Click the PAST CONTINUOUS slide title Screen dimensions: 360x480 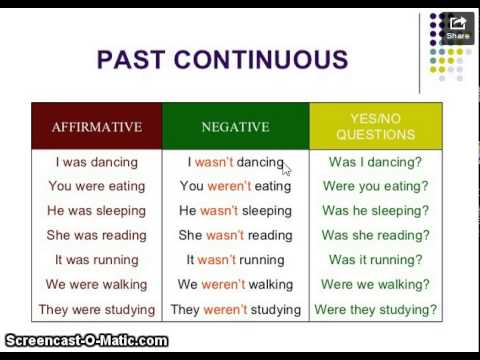(x=222, y=59)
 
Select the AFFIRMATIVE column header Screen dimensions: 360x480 (x=96, y=127)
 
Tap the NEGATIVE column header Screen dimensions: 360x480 (x=235, y=127)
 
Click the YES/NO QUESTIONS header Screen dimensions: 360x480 (x=375, y=126)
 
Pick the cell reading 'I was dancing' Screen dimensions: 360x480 (x=96, y=161)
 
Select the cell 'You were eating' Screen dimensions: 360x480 (x=96, y=186)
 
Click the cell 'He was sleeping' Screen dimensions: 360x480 (x=96, y=211)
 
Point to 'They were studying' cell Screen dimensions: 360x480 (x=96, y=310)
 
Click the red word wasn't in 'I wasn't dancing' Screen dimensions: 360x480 (x=212, y=161)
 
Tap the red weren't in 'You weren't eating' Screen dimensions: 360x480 (x=230, y=186)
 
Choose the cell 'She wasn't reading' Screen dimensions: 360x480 (x=235, y=235)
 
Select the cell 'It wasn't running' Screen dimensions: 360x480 (x=235, y=260)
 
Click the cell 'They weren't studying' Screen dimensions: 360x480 (x=235, y=310)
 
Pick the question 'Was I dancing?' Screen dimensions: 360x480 (x=375, y=161)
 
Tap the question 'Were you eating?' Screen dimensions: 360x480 (x=375, y=186)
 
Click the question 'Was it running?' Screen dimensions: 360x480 (x=375, y=260)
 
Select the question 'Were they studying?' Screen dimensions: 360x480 (x=375, y=310)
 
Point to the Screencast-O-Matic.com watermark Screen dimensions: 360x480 (x=85, y=341)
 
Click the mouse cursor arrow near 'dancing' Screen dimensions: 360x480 (x=286, y=169)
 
